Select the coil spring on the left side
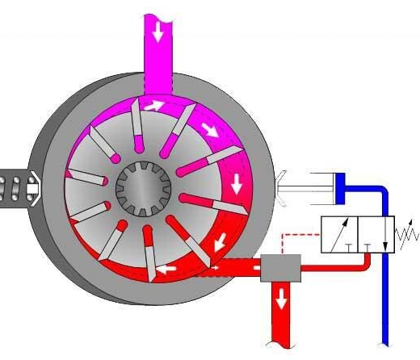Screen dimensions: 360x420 [14, 188]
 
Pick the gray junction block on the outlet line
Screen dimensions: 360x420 [280, 266]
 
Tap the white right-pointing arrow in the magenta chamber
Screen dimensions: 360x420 [154, 104]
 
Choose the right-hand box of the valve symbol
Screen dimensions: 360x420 [376, 235]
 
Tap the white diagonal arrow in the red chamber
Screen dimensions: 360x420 [219, 244]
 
